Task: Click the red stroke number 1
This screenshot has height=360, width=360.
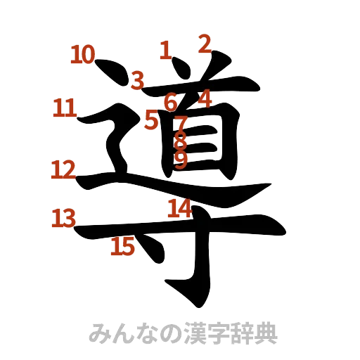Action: coord(165,50)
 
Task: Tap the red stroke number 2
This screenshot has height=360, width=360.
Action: coord(204,45)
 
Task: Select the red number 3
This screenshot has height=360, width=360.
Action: coord(138,80)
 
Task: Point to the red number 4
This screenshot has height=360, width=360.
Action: coord(205,98)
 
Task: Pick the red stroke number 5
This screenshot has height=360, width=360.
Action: coord(151,120)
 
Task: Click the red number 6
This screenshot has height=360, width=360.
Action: coord(171,103)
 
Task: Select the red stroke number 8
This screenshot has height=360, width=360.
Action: coord(181,141)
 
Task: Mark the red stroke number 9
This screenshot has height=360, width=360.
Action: coord(181,160)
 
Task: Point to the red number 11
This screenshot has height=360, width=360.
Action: coord(65,109)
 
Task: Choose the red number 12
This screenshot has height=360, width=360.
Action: coord(63,169)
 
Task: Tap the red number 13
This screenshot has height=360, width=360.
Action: coord(63,218)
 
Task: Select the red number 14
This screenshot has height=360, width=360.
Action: coord(179,209)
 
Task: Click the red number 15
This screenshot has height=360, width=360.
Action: coord(123,246)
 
